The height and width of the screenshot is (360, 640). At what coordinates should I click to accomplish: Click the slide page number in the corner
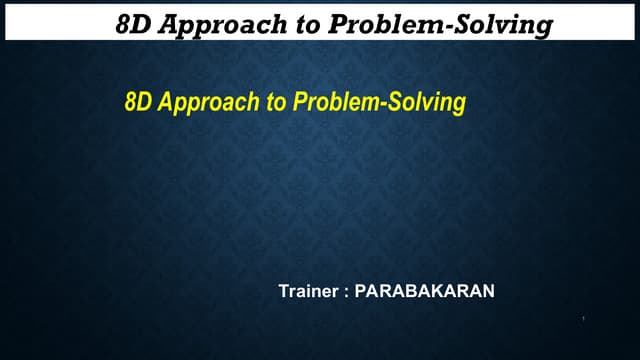[x=582, y=320]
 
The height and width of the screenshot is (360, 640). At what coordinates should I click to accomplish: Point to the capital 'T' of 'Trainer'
[x=282, y=292]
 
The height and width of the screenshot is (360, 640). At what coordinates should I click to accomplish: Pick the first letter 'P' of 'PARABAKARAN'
[x=360, y=292]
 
